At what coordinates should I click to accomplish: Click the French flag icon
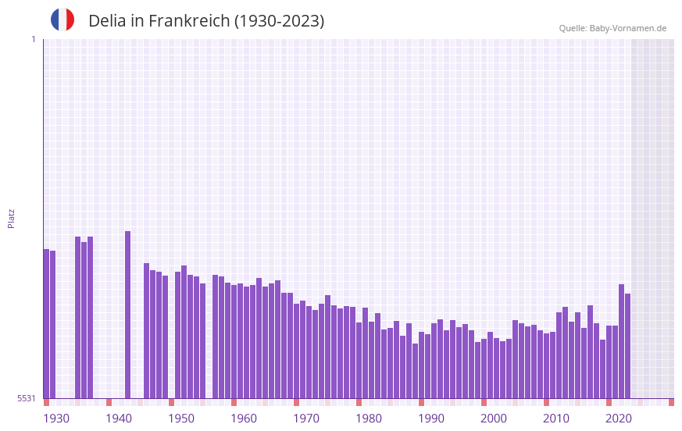[x=62, y=20]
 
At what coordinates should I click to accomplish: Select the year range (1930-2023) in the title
[x=279, y=21]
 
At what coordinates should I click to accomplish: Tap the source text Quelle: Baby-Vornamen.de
[x=612, y=28]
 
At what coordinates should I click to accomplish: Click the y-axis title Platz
[x=11, y=218]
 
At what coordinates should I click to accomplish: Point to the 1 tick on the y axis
[x=33, y=39]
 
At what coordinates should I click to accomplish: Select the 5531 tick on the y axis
[x=27, y=398]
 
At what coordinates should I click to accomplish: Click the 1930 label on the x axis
[x=56, y=419]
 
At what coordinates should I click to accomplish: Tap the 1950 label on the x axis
[x=181, y=419]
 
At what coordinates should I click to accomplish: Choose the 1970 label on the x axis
[x=306, y=419]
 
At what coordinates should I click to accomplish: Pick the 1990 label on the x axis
[x=431, y=419]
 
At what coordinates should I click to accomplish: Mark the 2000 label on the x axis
[x=494, y=419]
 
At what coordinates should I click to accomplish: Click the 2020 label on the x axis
[x=619, y=419]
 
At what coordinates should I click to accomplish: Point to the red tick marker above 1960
[x=234, y=402]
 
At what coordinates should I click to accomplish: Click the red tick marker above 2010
[x=546, y=402]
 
